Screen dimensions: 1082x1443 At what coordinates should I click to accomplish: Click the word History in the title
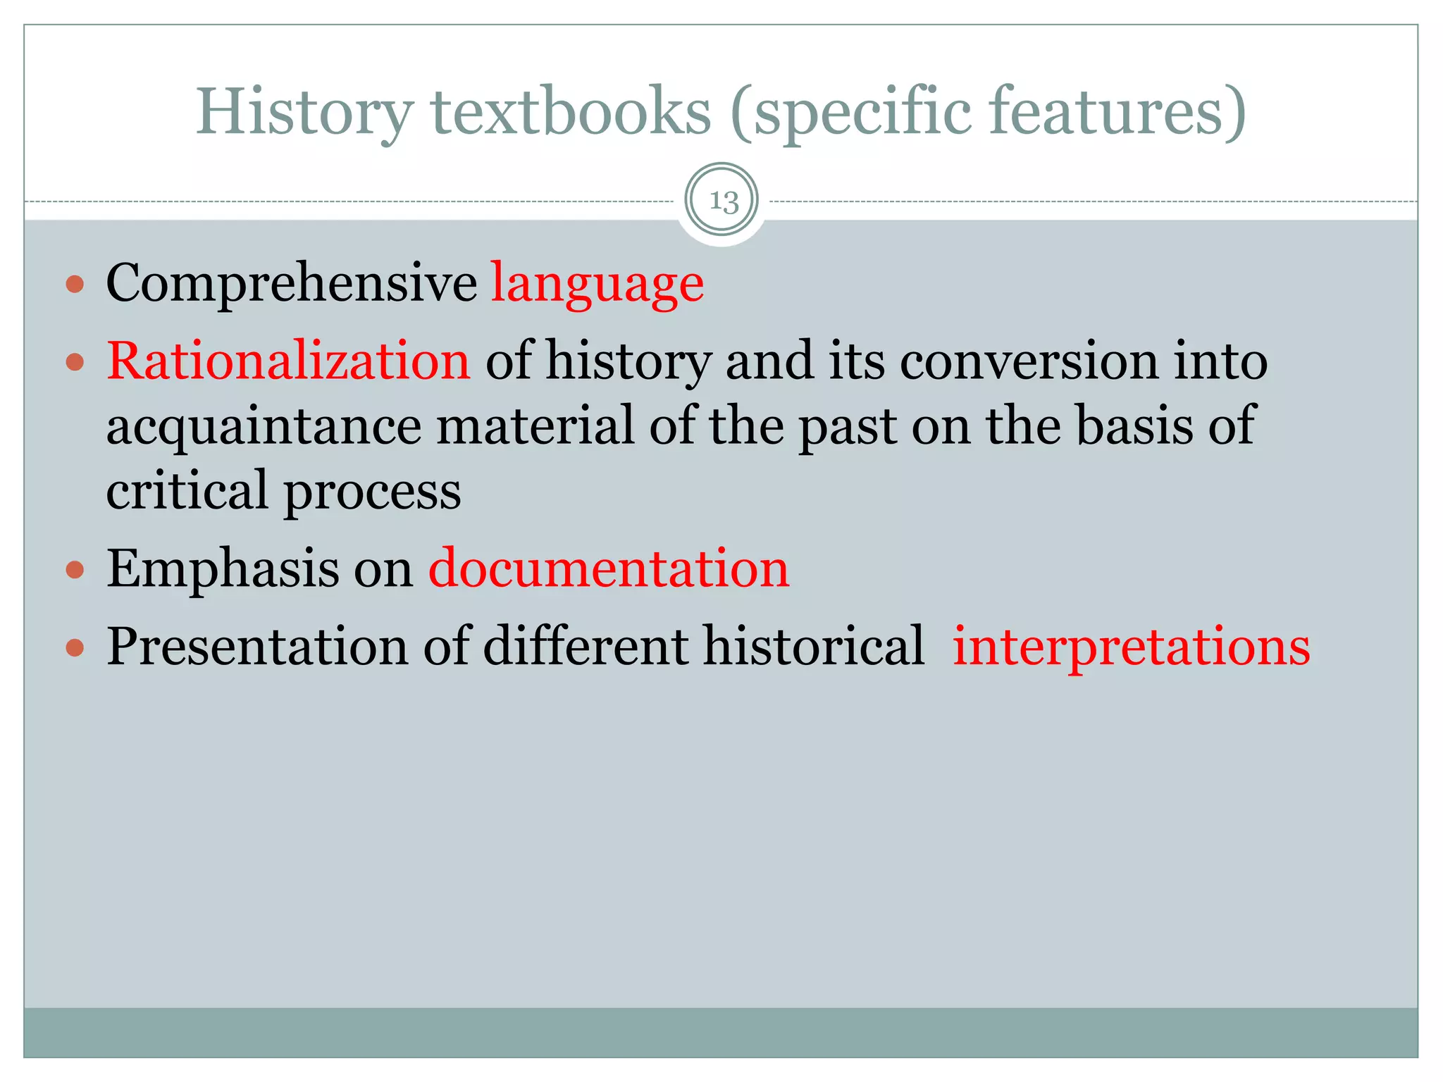pyautogui.click(x=304, y=113)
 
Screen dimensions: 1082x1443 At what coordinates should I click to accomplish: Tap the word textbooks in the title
pyautogui.click(x=571, y=113)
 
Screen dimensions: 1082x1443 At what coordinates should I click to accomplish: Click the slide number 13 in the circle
pyautogui.click(x=723, y=201)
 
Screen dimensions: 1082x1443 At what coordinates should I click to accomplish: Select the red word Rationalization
pyautogui.click(x=288, y=361)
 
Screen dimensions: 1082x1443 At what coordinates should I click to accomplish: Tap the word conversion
pyautogui.click(x=1029, y=361)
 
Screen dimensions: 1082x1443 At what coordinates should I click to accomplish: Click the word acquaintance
pyautogui.click(x=264, y=427)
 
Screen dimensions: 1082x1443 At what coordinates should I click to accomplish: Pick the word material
pyautogui.click(x=535, y=425)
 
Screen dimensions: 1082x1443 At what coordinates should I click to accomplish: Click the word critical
pyautogui.click(x=187, y=490)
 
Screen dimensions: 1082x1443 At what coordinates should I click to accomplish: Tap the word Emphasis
pyautogui.click(x=223, y=569)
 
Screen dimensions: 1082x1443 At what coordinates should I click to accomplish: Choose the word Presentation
pyautogui.click(x=257, y=647)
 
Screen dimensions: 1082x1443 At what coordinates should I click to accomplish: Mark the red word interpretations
pyautogui.click(x=1131, y=647)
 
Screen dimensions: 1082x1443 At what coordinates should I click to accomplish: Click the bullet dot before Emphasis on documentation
pyautogui.click(x=75, y=569)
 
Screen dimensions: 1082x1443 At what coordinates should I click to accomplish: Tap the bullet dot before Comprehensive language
pyautogui.click(x=75, y=285)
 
